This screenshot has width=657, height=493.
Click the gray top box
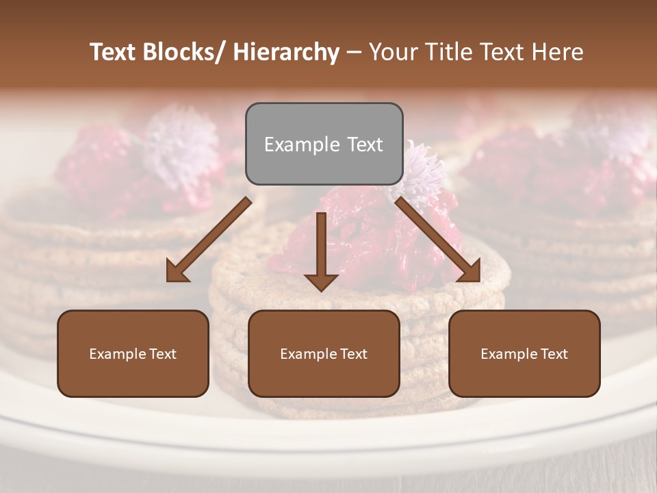tap(324, 144)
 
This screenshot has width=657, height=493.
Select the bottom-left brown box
tap(133, 353)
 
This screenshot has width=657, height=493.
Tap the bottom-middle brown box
tap(324, 353)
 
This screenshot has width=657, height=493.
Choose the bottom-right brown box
tap(524, 353)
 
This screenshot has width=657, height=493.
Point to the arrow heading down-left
tap(208, 240)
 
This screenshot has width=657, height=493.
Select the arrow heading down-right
tap(439, 240)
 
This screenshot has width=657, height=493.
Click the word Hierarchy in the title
tap(286, 52)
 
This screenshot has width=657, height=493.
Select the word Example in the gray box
tap(302, 144)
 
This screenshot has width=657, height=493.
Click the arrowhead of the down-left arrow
tap(177, 271)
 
